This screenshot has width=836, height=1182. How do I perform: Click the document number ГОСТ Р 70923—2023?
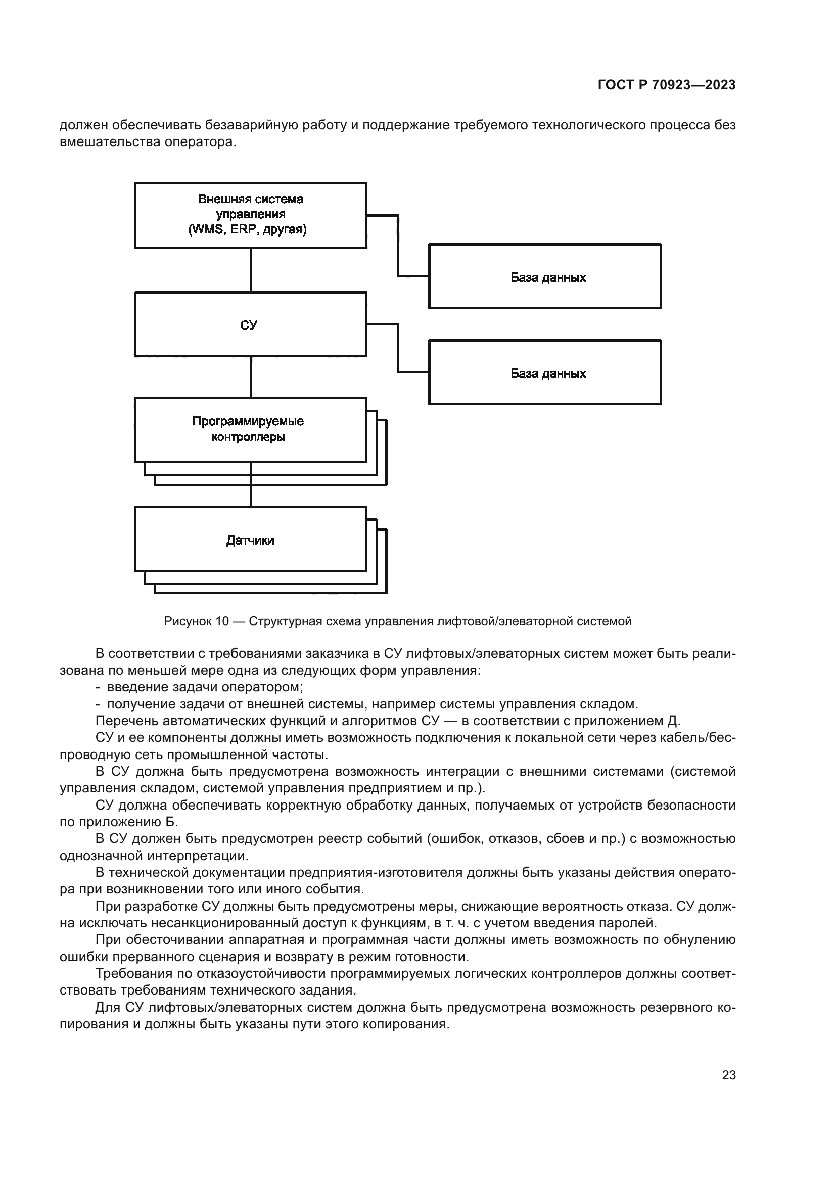click(x=667, y=85)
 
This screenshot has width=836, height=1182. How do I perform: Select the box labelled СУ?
click(x=250, y=324)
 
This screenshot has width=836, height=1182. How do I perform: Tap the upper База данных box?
click(x=545, y=276)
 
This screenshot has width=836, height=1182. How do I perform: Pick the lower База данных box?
click(x=545, y=372)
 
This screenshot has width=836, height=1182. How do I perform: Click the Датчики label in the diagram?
click(x=250, y=541)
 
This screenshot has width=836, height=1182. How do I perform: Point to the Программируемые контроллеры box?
click(x=250, y=430)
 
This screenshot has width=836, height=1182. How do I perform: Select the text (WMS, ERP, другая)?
click(x=248, y=229)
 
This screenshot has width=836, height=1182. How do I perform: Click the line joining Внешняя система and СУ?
click(x=251, y=270)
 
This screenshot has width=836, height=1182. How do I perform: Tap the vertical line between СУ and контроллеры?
click(x=251, y=377)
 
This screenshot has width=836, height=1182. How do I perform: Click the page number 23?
click(x=729, y=1075)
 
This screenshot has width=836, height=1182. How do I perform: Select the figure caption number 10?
click(x=222, y=622)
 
